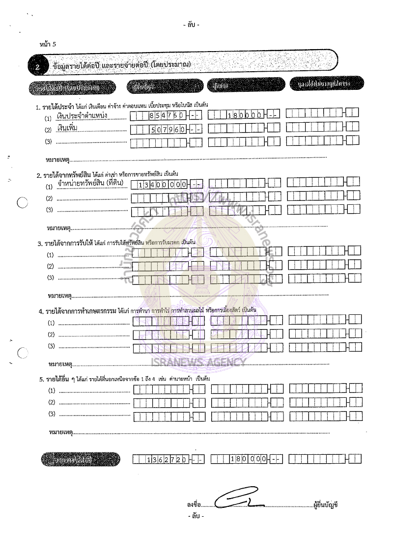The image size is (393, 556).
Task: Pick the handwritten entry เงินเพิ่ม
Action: coord(68,129)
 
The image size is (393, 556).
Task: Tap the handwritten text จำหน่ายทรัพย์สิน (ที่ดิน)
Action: coord(90,184)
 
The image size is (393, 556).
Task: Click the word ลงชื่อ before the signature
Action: coord(194,504)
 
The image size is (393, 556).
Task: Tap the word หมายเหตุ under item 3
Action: coord(59,295)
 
